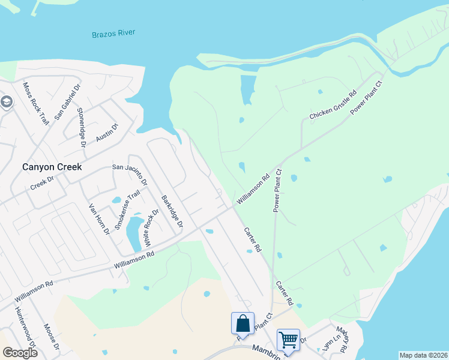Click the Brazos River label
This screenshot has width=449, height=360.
(x=113, y=34)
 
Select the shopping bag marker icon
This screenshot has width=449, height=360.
(x=243, y=323)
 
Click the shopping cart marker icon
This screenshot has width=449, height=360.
(x=288, y=340)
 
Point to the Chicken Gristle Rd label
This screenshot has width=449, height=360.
(x=333, y=105)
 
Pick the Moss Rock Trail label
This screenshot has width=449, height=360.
(x=35, y=103)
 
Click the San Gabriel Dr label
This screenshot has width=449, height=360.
(x=67, y=103)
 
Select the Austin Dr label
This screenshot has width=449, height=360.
(x=108, y=133)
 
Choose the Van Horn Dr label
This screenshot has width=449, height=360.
(x=99, y=219)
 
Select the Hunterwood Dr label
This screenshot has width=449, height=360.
(x=26, y=328)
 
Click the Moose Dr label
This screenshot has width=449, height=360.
(x=52, y=337)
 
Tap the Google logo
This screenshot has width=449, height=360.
(x=20, y=353)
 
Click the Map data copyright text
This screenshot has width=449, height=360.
(x=423, y=355)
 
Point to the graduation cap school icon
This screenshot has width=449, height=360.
(x=5, y=102)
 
